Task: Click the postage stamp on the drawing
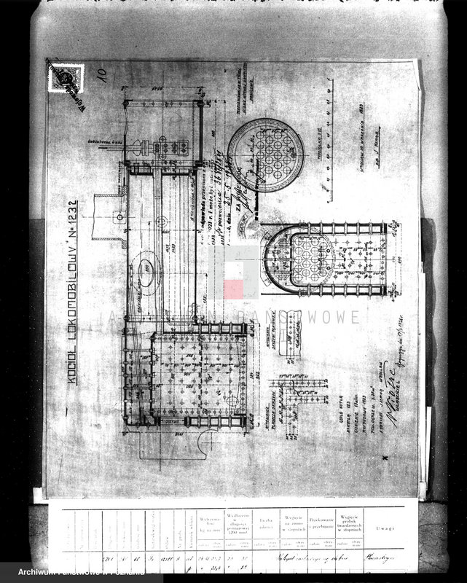click(x=66, y=78)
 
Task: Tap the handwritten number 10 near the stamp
click(x=99, y=74)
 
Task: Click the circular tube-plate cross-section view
click(x=265, y=154)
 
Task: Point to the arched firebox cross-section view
click(x=299, y=259)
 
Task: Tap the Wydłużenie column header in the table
click(x=238, y=523)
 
